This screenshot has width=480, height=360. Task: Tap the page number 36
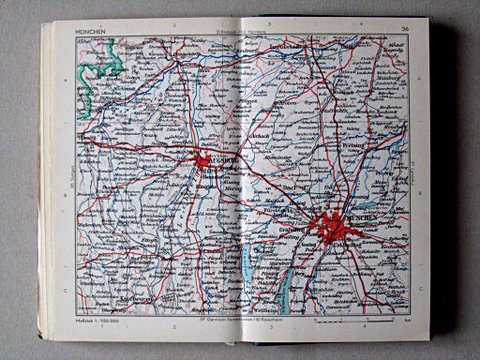(404, 29)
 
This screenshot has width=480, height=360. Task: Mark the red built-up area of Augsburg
(204, 163)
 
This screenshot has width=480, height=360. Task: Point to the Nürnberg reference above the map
(263, 32)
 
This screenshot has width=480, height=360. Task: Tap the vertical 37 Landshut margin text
(413, 172)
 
